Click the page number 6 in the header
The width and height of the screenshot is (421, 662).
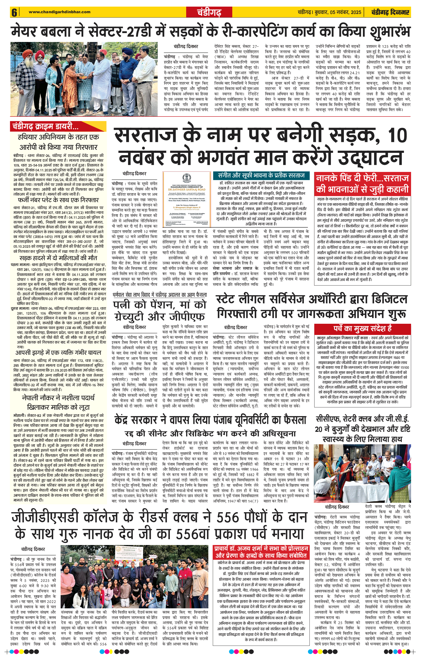(14, 12)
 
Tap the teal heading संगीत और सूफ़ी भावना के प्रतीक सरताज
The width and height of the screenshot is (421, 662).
(261, 175)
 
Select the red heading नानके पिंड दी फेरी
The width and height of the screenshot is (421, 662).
(362, 184)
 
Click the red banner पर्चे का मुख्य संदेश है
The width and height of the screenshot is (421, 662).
(362, 328)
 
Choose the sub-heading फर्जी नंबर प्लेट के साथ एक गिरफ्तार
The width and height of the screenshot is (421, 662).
(58, 200)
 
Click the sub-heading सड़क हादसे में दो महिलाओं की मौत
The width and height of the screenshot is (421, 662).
(58, 258)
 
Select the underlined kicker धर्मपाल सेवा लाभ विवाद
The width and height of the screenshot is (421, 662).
(160, 295)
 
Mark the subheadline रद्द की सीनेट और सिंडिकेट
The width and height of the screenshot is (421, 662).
(210, 434)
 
